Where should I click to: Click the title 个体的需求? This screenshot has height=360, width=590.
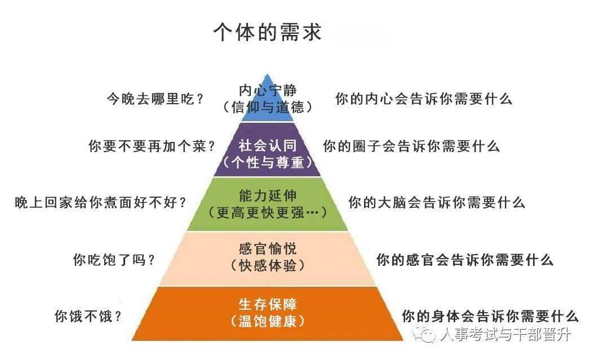[x=267, y=32]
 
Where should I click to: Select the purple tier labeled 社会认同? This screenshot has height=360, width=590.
[x=267, y=150]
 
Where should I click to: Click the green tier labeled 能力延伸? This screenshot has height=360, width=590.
[x=267, y=205]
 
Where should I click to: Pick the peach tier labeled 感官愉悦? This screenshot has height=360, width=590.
[x=267, y=259]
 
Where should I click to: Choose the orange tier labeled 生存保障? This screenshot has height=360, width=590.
[x=267, y=314]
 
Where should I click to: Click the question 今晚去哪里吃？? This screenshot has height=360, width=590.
[x=156, y=99]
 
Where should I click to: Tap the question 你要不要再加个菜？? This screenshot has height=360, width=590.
[x=152, y=146]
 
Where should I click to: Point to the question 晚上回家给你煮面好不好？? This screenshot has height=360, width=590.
[x=100, y=202]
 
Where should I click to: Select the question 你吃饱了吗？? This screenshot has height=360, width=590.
[x=114, y=260]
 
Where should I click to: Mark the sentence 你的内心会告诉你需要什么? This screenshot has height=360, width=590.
[x=424, y=99]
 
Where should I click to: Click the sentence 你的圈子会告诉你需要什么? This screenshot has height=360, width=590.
[x=411, y=146]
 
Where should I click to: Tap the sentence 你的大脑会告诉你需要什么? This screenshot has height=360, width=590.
[x=437, y=202]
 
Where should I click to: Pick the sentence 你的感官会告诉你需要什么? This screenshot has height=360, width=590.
[x=465, y=260]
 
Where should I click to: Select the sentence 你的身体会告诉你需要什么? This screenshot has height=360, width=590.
[x=490, y=316]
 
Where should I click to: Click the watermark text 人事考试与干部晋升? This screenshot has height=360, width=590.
[x=505, y=334]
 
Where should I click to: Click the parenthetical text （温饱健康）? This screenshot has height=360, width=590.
[x=267, y=321]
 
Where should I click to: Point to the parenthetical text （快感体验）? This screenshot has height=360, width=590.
[x=267, y=265]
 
